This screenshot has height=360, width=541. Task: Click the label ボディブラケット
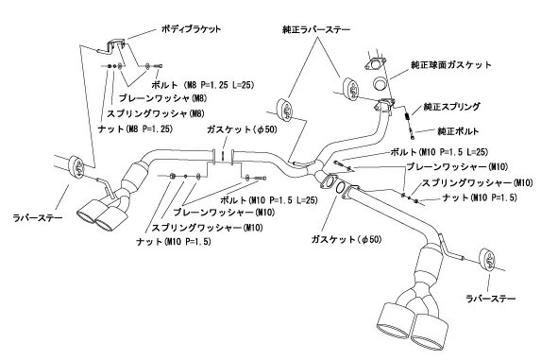[191, 29]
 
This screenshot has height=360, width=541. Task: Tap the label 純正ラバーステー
[316, 29]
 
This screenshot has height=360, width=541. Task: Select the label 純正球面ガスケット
[451, 65]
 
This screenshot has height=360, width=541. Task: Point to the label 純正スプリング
[451, 107]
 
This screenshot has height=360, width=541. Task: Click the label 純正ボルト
[458, 131]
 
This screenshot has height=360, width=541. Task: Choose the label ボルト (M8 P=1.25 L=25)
[203, 84]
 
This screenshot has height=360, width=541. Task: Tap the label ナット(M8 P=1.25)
[135, 129]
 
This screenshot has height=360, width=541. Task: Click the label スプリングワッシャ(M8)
[156, 113]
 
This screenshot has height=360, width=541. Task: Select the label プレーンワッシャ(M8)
[162, 98]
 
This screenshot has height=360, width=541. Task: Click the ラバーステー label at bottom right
[491, 299]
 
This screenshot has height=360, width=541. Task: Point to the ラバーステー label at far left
[38, 217]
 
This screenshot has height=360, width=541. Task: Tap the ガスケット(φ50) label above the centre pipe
[242, 129]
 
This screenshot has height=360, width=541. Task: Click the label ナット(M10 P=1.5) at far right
[480, 197]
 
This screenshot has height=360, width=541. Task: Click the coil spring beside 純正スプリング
[408, 115]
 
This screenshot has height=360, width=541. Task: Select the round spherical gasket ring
[380, 84]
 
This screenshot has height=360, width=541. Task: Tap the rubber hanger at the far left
[77, 165]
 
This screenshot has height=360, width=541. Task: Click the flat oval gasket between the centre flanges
[340, 188]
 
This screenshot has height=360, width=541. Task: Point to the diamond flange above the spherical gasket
[374, 64]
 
